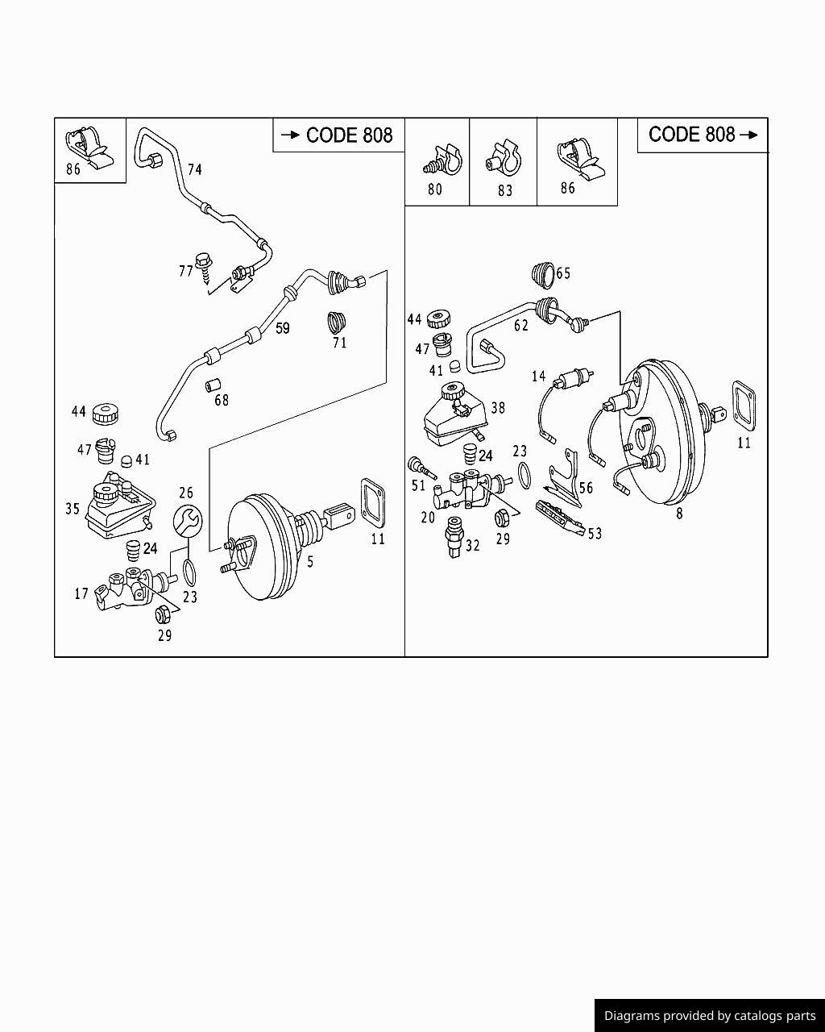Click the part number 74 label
coord(194,169)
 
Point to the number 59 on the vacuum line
coord(282,328)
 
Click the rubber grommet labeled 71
coord(337,321)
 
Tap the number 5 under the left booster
coord(310,561)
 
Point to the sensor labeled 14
coord(574,377)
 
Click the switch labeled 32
coord(454,535)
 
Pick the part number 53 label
coord(595,533)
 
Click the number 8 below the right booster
coord(679,514)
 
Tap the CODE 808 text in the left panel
coord(349,135)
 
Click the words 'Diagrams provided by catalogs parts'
coord(710,1016)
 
